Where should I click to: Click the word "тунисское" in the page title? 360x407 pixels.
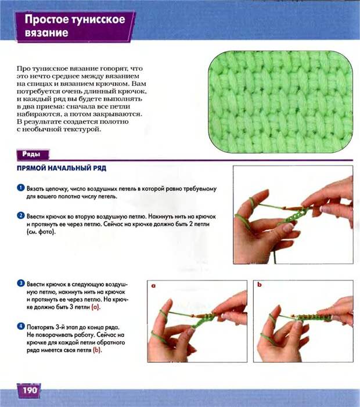point(98,20)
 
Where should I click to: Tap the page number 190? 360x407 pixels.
point(30,390)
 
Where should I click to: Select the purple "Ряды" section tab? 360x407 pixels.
point(33,154)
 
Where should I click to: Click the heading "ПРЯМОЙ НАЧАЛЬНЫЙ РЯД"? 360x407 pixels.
point(62,168)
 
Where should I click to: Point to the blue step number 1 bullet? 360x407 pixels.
point(21,188)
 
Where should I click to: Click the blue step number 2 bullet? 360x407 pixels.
point(21,215)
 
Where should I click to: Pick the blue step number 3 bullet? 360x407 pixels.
point(21,283)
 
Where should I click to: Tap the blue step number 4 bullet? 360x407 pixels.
point(21,326)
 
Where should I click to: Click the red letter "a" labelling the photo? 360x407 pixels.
point(153,286)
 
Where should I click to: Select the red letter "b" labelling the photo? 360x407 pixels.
point(260,284)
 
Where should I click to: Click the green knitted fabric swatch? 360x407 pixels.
point(280,102)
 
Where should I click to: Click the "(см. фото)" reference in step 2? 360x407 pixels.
point(41,232)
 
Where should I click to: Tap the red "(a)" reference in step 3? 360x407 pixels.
point(96,307)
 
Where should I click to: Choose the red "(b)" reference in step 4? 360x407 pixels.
point(97,350)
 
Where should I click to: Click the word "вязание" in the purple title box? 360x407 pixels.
point(46,33)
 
